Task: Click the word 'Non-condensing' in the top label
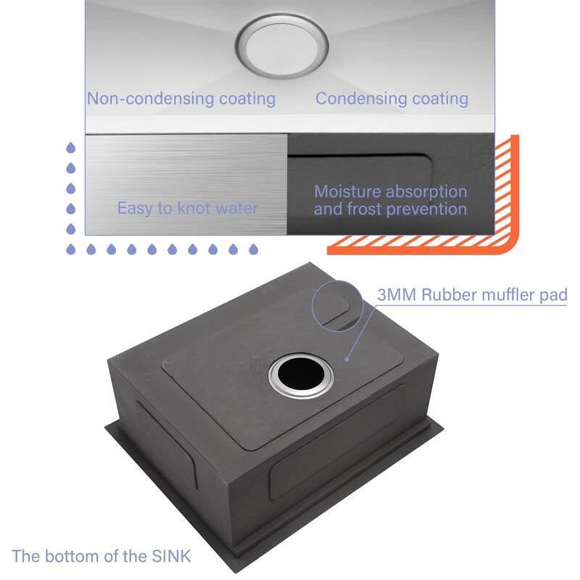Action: tap(150, 99)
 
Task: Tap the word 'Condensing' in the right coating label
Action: tap(360, 99)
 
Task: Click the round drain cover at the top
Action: tap(282, 46)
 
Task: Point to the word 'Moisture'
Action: tap(347, 191)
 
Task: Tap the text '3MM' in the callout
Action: tap(397, 295)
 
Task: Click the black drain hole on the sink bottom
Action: tap(300, 374)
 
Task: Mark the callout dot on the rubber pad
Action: tap(347, 359)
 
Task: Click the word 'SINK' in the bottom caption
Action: tap(171, 556)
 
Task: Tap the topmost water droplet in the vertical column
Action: tap(70, 148)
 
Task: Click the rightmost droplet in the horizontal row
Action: tap(253, 249)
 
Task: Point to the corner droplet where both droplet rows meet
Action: tap(70, 249)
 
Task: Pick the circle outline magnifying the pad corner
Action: tap(337, 305)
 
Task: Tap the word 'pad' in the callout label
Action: tap(553, 296)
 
